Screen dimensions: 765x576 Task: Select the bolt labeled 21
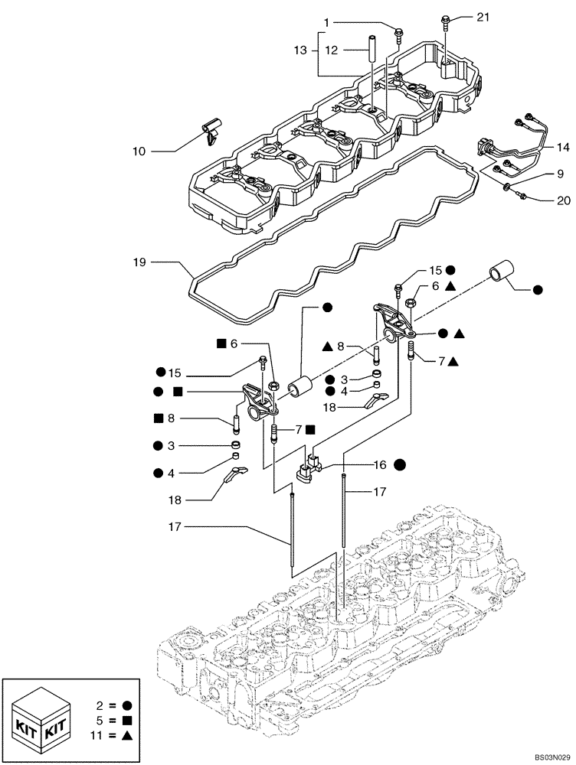[446, 21]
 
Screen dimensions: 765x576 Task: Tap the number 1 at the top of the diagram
[326, 23]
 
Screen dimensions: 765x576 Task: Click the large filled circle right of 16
[401, 464]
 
